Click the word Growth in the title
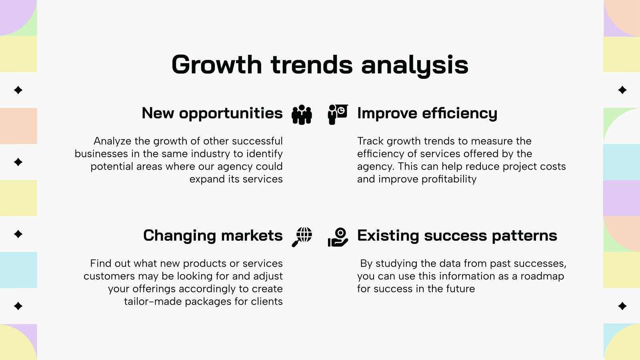pos(216,64)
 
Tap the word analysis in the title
pos(414,66)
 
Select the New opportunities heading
pos(212,114)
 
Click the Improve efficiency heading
pos(427,114)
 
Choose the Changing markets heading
pos(213,236)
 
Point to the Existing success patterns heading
pos(457,236)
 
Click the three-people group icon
pos(302,114)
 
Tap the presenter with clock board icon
pos(338,114)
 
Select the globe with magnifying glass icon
pos(302,237)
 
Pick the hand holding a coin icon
pos(338,237)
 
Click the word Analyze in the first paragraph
pos(112,142)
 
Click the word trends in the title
pos(312,64)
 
